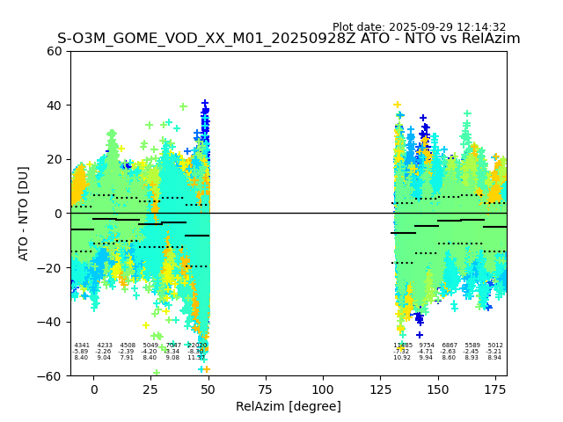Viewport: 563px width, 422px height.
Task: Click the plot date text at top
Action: click(x=419, y=27)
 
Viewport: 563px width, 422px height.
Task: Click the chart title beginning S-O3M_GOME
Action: click(x=289, y=39)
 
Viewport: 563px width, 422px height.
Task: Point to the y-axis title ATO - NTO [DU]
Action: click(x=25, y=213)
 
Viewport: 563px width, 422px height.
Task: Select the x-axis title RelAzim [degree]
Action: click(x=288, y=406)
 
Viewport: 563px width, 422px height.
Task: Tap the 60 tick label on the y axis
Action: click(x=55, y=51)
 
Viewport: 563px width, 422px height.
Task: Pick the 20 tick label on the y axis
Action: click(x=55, y=159)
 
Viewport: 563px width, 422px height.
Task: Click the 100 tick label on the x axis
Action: click(x=323, y=389)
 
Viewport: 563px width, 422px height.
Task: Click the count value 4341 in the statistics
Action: click(x=82, y=346)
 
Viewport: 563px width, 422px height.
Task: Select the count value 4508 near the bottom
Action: click(x=128, y=346)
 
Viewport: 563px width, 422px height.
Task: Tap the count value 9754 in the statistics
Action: click(x=427, y=346)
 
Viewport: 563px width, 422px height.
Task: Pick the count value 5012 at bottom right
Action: click(x=494, y=346)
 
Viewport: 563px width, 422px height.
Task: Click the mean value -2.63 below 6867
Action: click(x=450, y=352)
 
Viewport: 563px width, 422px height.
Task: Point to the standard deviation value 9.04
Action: click(x=105, y=358)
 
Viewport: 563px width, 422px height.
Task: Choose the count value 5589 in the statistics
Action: click(x=472, y=346)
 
